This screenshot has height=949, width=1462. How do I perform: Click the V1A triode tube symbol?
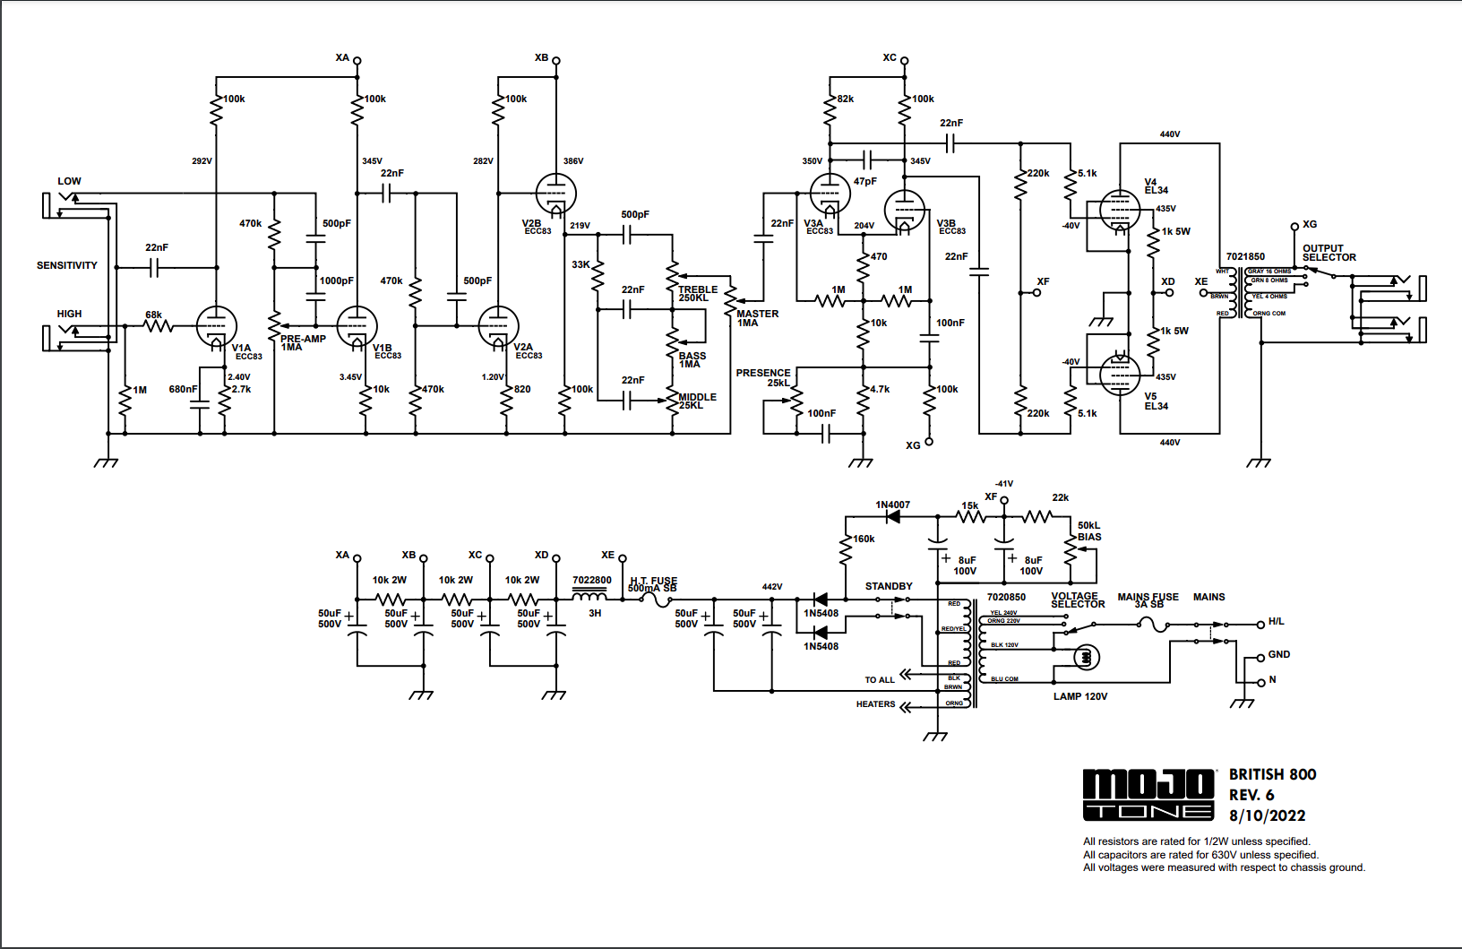pyautogui.click(x=216, y=326)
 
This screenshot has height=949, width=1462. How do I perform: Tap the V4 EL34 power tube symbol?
pyautogui.click(x=1120, y=211)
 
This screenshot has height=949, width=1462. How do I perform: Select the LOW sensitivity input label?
pyautogui.click(x=69, y=181)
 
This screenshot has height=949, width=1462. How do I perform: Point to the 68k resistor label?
pyautogui.click(x=154, y=315)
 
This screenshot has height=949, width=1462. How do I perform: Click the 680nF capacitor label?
pyautogui.click(x=183, y=389)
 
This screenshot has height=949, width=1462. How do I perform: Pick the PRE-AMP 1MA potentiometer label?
pyautogui.click(x=302, y=342)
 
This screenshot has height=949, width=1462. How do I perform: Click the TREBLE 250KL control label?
pyautogui.click(x=697, y=294)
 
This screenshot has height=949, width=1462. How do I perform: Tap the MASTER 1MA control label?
pyautogui.click(x=757, y=318)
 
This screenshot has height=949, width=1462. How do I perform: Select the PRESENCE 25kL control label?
pyautogui.click(x=764, y=377)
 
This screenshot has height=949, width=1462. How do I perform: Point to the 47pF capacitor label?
pyautogui.click(x=864, y=181)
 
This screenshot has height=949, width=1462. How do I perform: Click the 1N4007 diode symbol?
pyautogui.click(x=892, y=517)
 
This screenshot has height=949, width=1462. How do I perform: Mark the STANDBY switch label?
pyautogui.click(x=889, y=586)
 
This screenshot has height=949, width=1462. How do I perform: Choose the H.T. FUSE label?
pyautogui.click(x=653, y=584)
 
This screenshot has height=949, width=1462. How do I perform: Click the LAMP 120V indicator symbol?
pyautogui.click(x=1086, y=658)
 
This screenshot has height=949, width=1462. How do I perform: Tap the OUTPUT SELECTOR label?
pyautogui.click(x=1329, y=253)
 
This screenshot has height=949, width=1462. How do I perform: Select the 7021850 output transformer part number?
pyautogui.click(x=1245, y=256)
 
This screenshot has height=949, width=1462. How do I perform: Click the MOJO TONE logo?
pyautogui.click(x=1148, y=795)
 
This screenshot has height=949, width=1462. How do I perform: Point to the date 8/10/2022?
pyautogui.click(x=1267, y=815)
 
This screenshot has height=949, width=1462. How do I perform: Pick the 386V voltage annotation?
pyautogui.click(x=573, y=161)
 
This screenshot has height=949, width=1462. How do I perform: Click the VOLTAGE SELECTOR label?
pyautogui.click(x=1077, y=600)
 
